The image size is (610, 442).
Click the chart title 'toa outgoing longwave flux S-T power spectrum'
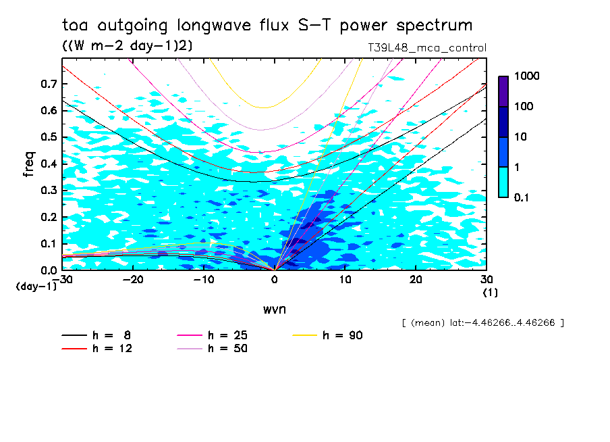[x=267, y=26]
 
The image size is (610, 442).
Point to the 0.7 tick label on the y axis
[x=49, y=84]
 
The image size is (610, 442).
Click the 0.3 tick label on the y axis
[x=49, y=191]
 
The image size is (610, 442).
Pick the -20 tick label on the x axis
[x=133, y=279]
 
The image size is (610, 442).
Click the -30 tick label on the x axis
[x=62, y=279]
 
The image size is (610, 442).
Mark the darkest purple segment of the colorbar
[x=503, y=91]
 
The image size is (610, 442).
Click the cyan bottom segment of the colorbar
[x=503, y=182]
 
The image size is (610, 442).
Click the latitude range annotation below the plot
[x=482, y=323]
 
